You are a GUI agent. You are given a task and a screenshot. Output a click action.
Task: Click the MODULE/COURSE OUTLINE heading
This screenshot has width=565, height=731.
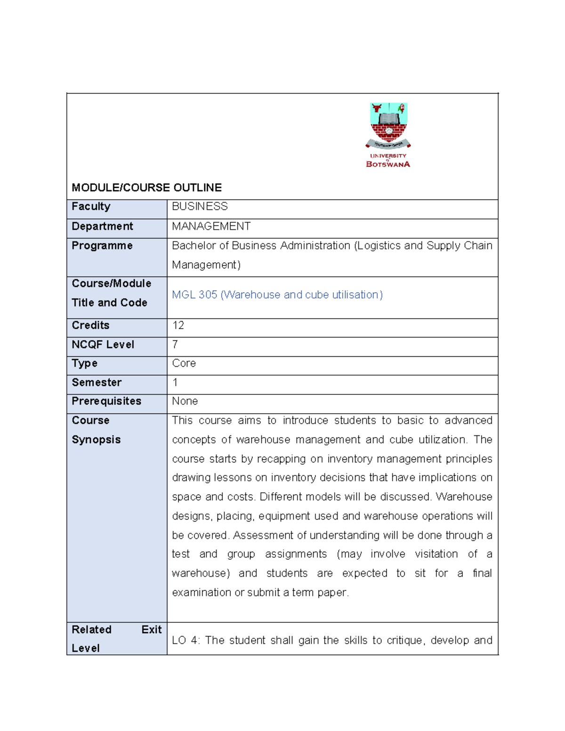click(146, 188)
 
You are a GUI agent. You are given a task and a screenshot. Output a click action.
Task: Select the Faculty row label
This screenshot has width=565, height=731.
click(91, 207)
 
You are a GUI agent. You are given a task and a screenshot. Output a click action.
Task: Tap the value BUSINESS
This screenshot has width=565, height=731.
click(200, 207)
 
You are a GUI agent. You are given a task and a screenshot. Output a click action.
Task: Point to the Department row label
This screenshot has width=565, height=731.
click(102, 226)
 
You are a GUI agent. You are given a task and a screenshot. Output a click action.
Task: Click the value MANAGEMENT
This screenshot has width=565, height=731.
click(211, 226)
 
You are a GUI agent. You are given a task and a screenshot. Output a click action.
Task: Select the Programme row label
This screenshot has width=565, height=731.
click(102, 246)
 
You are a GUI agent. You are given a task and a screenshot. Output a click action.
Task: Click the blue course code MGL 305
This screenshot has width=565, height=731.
click(194, 295)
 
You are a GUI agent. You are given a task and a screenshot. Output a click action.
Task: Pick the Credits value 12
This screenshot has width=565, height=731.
click(178, 325)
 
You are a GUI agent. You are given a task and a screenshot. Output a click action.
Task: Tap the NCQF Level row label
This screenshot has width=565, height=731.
click(103, 345)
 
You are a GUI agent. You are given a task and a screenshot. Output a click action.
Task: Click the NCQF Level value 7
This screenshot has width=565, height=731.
click(175, 345)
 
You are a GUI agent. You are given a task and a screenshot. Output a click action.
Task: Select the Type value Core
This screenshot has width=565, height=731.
click(184, 363)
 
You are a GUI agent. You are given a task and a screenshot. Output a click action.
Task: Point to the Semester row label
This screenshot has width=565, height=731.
click(97, 383)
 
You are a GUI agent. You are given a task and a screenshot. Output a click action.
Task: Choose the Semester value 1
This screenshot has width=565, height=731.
click(175, 383)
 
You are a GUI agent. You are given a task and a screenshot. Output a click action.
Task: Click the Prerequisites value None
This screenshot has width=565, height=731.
click(185, 401)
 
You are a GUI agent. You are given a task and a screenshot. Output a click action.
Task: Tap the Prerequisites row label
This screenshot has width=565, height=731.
click(106, 401)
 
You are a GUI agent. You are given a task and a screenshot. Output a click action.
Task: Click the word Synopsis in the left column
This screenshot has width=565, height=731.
click(96, 440)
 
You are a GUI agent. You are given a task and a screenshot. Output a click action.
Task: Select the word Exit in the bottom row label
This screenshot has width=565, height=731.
click(151, 630)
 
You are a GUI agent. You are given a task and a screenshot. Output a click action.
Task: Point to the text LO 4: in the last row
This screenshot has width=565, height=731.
click(186, 640)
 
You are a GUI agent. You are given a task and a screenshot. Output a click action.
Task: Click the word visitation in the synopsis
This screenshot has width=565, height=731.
click(436, 554)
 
